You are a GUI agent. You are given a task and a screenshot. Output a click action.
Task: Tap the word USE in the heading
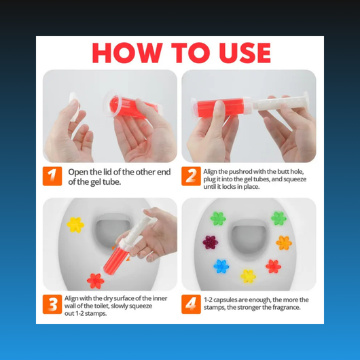(245, 53)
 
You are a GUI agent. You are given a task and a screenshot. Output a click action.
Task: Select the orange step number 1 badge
(52, 176)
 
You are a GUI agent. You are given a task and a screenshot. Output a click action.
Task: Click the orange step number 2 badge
(191, 176)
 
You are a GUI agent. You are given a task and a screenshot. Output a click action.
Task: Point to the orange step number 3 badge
(52, 304)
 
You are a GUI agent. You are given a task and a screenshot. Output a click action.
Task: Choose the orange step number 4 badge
(191, 304)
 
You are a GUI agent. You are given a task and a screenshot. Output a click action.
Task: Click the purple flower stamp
(211, 242)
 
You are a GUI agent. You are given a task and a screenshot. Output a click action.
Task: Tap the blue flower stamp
(221, 266)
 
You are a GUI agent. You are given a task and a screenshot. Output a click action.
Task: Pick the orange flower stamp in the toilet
(284, 242)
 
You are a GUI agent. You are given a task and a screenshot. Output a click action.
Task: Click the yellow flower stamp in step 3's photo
(75, 225)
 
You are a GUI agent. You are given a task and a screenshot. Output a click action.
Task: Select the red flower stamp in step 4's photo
(273, 266)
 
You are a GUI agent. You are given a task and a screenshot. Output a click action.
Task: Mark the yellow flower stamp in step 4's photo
(248, 276)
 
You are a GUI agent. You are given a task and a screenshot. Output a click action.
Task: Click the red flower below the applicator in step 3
(96, 281)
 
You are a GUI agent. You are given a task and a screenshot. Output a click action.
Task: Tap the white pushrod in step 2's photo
(281, 103)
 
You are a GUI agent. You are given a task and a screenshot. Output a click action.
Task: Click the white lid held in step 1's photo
(74, 107)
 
